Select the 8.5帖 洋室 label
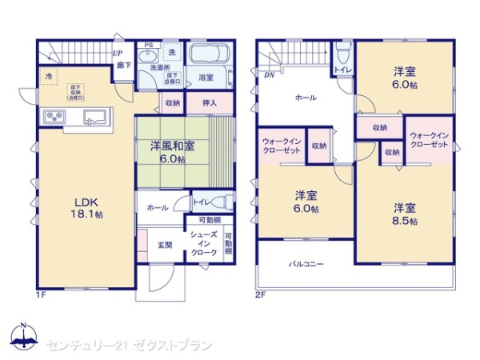(405, 214)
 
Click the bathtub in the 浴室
(210, 58)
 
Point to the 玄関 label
(164, 244)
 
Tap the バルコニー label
(307, 263)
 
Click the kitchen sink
(94, 118)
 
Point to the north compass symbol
(24, 339)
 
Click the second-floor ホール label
(305, 98)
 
